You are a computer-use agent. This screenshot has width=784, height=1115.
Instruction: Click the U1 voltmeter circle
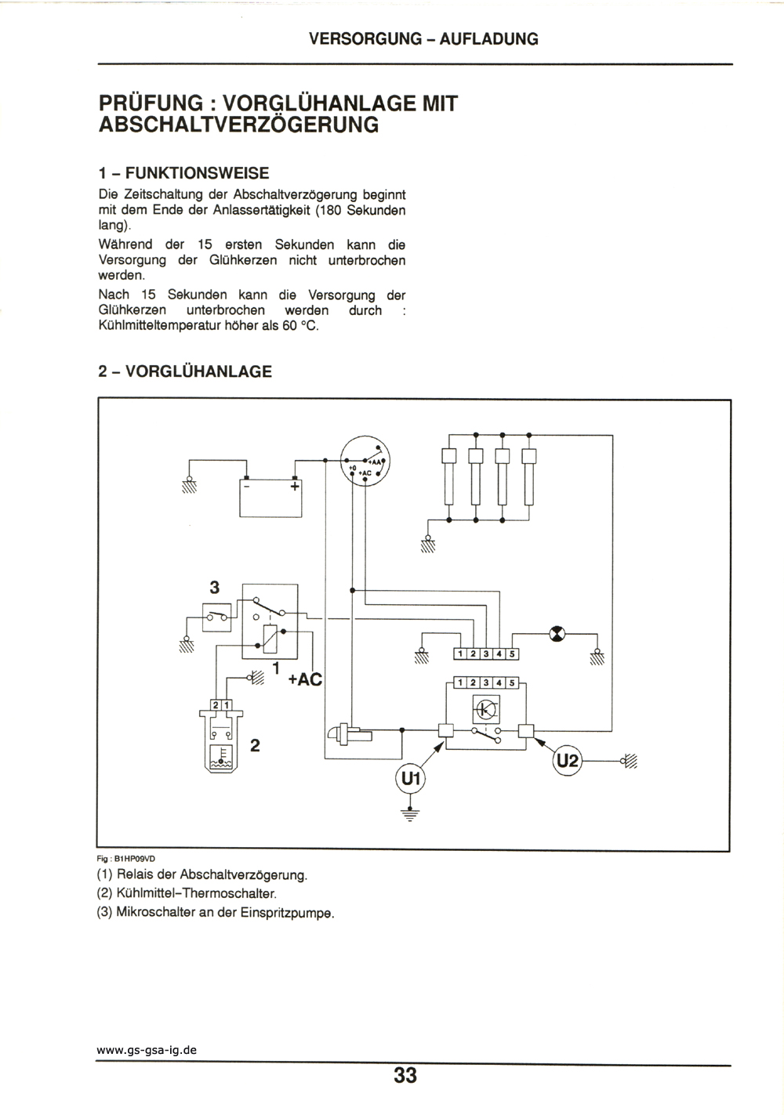(x=410, y=779)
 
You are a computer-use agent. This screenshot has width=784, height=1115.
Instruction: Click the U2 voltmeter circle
(x=567, y=761)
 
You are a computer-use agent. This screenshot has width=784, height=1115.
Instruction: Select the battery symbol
(x=270, y=498)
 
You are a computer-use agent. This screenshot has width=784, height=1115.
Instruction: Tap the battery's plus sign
(x=295, y=486)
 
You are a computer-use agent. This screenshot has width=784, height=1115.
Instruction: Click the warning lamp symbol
(x=557, y=634)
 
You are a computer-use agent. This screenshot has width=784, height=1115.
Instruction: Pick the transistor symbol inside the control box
(x=485, y=709)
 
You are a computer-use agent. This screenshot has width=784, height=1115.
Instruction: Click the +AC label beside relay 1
(x=305, y=679)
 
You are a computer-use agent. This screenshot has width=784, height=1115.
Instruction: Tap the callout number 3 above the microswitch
(x=214, y=588)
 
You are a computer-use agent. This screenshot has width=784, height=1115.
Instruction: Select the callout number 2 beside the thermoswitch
(x=255, y=746)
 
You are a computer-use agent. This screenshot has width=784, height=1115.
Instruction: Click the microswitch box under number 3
(x=216, y=617)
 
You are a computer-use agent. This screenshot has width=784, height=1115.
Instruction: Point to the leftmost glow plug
(x=448, y=476)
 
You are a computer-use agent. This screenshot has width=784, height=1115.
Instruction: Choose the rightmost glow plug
(x=529, y=476)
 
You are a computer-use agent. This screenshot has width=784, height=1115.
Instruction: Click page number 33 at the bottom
(x=405, y=1075)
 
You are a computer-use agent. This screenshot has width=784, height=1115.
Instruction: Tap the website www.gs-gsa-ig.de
(x=147, y=1050)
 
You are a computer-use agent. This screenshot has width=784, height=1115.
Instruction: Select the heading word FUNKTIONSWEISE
(x=198, y=173)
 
